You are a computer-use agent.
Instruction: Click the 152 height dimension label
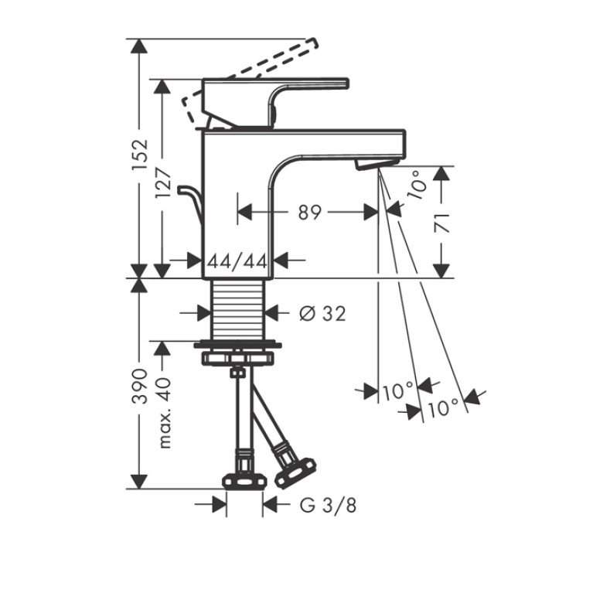[139, 155]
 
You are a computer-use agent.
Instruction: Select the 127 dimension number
[163, 182]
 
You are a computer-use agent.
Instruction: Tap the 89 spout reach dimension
[310, 213]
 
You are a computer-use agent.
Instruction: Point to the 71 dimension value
[441, 223]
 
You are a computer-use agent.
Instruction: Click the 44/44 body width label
[237, 261]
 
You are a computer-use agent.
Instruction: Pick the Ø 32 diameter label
[322, 313]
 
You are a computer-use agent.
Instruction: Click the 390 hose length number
[139, 386]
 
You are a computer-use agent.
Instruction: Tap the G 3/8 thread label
[328, 505]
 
